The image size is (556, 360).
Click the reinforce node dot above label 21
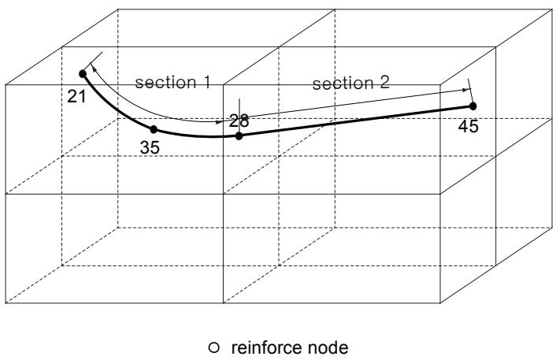[83, 74]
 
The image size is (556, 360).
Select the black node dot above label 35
[154, 129]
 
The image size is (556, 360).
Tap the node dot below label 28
[239, 135]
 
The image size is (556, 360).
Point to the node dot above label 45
[473, 106]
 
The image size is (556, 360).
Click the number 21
[76, 96]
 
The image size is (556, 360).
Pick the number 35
[150, 147]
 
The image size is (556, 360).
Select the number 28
[239, 121]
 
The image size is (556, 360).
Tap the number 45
[468, 126]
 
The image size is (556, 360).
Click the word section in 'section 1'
[166, 82]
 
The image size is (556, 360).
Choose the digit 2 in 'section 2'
[385, 82]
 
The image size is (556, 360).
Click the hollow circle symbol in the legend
[214, 347]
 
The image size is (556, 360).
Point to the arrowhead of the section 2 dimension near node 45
[465, 90]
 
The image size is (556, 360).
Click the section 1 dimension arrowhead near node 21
[93, 68]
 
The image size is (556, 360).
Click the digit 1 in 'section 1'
[206, 82]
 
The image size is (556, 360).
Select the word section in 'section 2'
[343, 84]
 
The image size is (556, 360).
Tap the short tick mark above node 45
[470, 90]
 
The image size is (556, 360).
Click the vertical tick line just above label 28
[239, 107]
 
